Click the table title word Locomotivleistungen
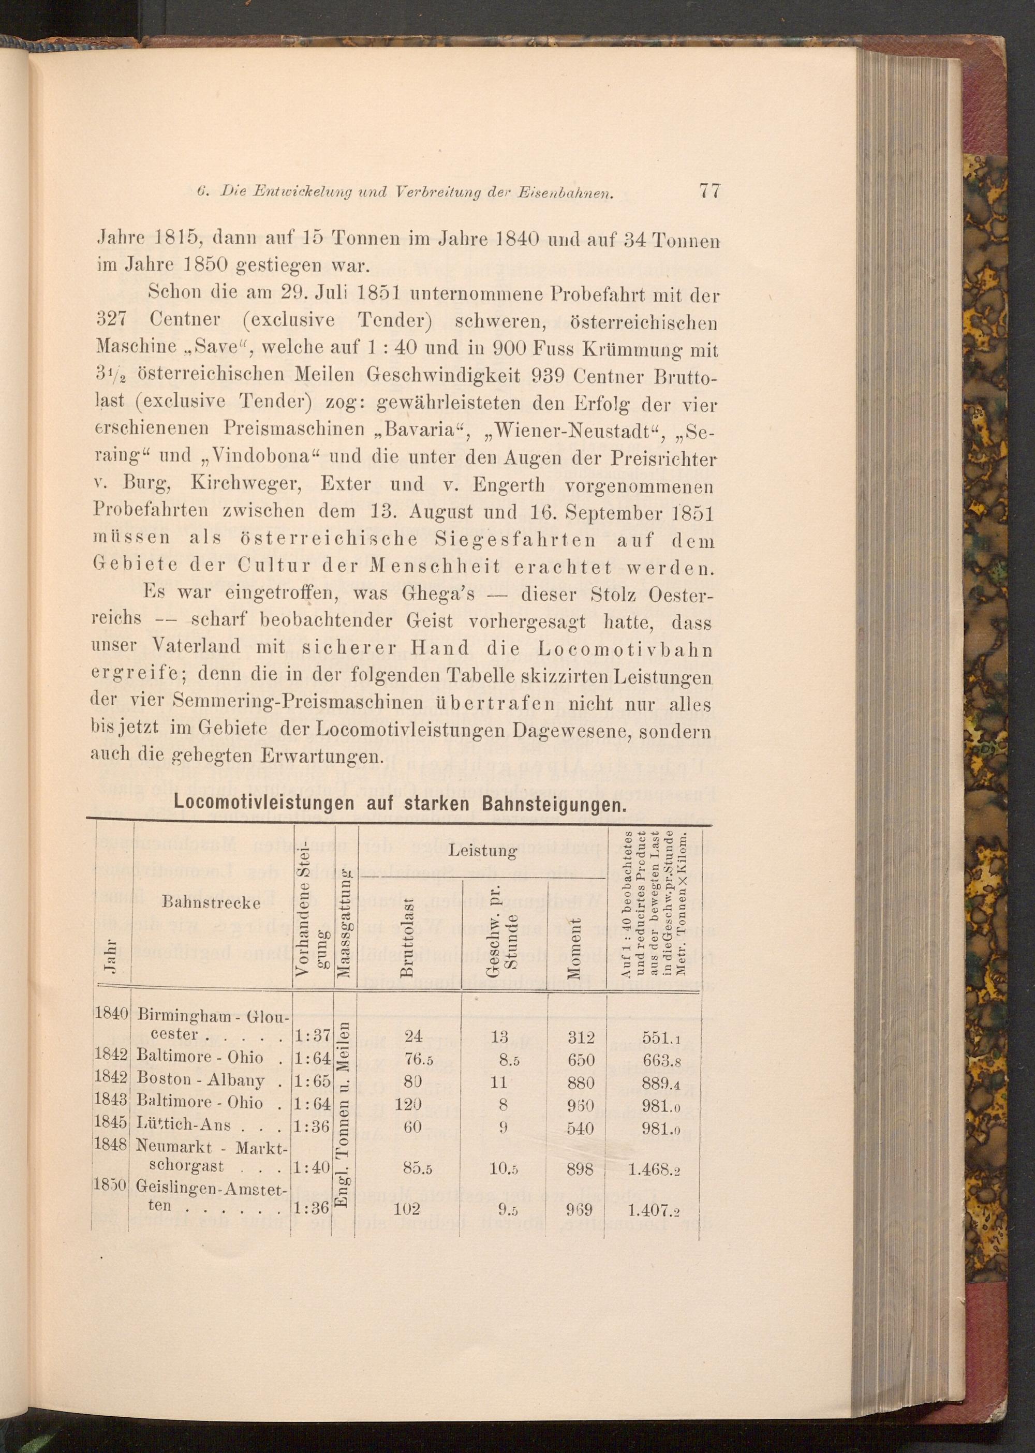264,803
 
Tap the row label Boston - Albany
200,1081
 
